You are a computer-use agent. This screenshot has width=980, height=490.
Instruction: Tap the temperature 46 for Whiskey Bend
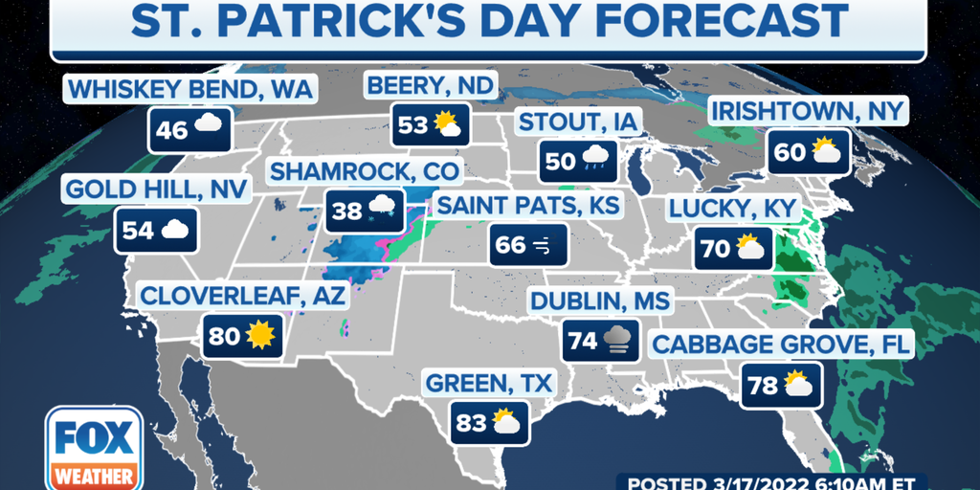(172, 128)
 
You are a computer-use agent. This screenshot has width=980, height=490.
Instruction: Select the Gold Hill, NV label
(157, 189)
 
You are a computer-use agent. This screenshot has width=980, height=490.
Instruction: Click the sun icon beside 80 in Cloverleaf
(258, 336)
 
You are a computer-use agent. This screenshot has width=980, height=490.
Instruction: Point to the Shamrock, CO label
(364, 173)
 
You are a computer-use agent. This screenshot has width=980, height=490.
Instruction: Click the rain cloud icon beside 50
(598, 160)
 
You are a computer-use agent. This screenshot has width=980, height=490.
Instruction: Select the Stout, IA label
(577, 122)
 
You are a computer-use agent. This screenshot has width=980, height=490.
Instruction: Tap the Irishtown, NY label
(807, 111)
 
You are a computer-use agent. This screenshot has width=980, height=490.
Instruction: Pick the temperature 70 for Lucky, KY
(715, 250)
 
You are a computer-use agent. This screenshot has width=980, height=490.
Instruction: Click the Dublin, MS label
(601, 302)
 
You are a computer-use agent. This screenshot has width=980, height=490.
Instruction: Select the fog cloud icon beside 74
(616, 341)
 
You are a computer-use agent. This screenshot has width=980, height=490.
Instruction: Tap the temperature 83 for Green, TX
(471, 422)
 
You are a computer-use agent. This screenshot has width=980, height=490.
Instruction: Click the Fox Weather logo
(94, 448)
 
